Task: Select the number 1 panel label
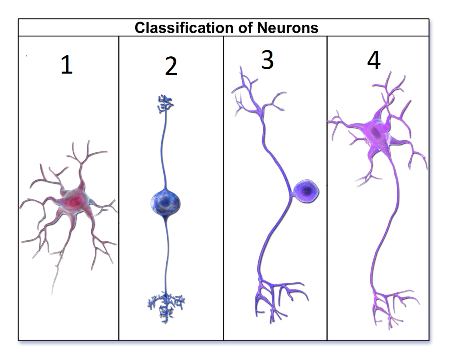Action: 66,65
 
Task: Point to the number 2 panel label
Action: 171,66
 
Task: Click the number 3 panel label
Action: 267,60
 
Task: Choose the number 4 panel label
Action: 374,60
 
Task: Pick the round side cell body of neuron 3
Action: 306,192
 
